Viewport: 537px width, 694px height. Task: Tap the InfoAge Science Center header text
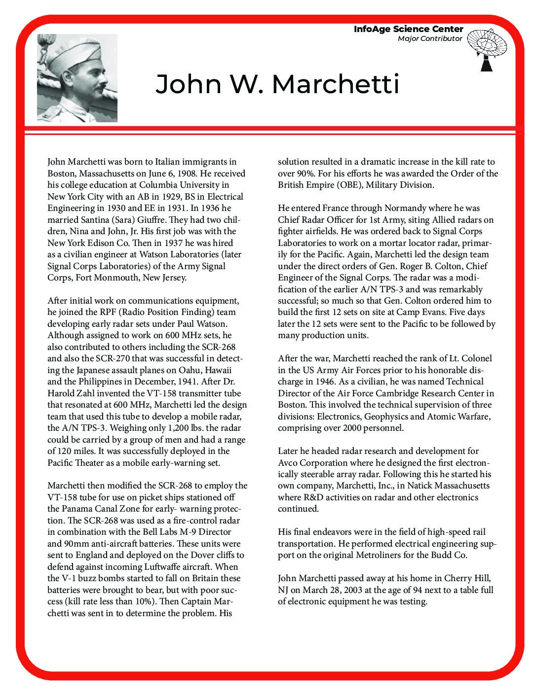tap(408, 29)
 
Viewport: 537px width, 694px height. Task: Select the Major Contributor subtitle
tap(430, 38)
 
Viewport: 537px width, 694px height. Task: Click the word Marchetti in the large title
tap(335, 84)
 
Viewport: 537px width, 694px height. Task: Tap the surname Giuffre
tap(149, 220)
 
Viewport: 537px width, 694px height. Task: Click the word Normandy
tap(404, 208)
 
